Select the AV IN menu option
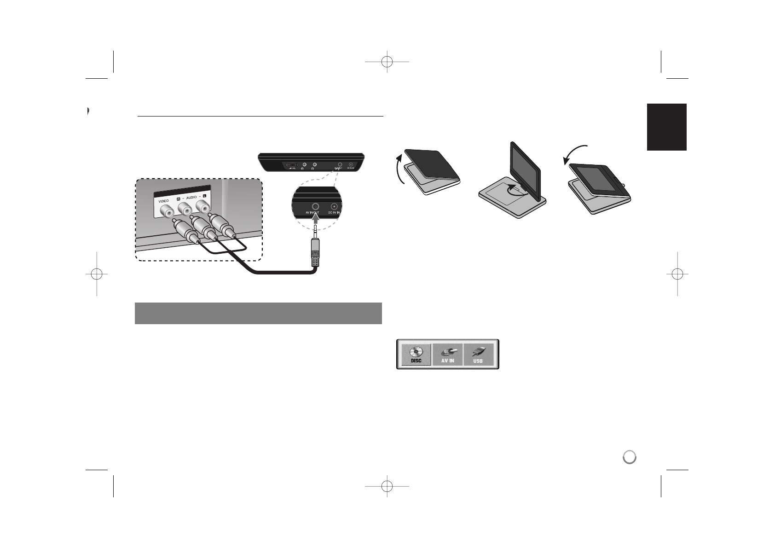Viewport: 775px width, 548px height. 448,354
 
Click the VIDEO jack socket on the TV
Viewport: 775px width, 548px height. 166,211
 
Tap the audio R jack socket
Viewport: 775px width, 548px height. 185,210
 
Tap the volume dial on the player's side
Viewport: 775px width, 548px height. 291,165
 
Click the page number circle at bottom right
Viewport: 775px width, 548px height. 630,457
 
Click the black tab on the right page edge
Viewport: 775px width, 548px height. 667,127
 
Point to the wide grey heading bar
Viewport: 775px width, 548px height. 258,313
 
